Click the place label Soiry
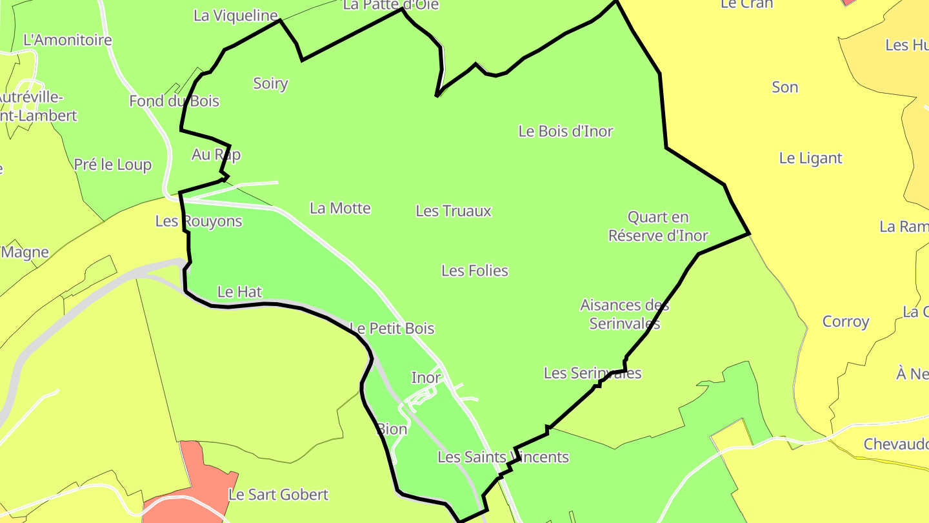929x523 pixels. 270,83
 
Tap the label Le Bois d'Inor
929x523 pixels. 566,131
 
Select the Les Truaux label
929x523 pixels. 454,211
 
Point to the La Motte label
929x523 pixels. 340,208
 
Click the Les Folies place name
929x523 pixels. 475,271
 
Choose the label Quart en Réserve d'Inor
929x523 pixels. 658,227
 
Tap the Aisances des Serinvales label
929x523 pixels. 624,314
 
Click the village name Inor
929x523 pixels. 426,377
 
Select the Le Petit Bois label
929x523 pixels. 392,329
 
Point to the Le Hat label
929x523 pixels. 240,292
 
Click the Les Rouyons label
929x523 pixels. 199,221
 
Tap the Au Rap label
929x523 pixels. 216,154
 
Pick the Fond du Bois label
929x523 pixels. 174,101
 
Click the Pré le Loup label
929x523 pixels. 113,165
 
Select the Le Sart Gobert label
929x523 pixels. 278,495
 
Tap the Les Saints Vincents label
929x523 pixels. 503,457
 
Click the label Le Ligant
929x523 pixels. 811,158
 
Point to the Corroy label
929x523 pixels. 846,322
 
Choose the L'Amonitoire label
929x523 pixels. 68,40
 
